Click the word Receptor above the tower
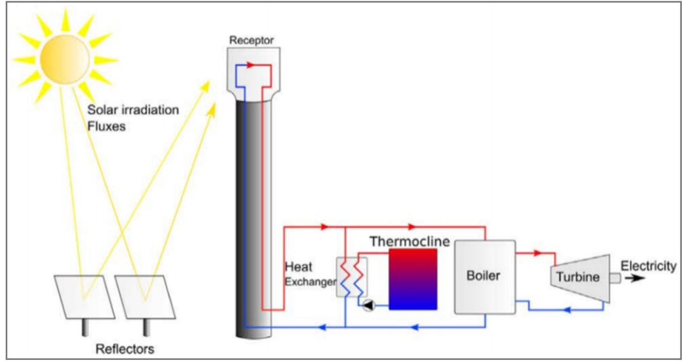[251, 40]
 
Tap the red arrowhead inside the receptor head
[251, 65]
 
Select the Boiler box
[485, 277]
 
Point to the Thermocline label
[410, 242]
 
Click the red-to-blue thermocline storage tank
[413, 279]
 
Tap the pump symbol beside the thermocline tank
[369, 305]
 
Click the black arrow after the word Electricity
[634, 278]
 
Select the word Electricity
[648, 266]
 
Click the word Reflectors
[125, 349]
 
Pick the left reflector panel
[84, 297]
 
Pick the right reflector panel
[145, 297]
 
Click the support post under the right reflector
[147, 327]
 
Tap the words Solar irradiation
[133, 109]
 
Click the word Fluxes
[106, 127]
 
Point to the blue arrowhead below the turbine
[567, 310]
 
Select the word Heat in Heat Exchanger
[299, 266]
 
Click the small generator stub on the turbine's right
[615, 278]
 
